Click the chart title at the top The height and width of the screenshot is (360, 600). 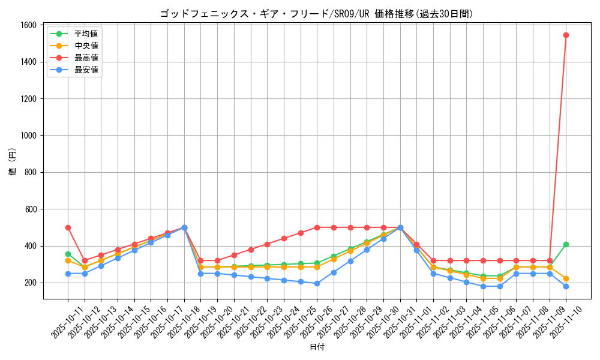pyautogui.click(x=316, y=14)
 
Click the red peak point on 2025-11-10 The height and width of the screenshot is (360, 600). pyautogui.click(x=566, y=35)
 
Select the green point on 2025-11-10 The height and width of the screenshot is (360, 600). pyautogui.click(x=566, y=244)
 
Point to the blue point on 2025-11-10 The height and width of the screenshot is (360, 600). pyautogui.click(x=566, y=286)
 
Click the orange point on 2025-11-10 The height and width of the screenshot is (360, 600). pyautogui.click(x=566, y=278)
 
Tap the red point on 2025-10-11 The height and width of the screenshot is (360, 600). pyautogui.click(x=68, y=227)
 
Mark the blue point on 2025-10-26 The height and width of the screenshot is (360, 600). pyautogui.click(x=317, y=283)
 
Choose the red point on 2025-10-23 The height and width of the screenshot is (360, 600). pyautogui.click(x=267, y=244)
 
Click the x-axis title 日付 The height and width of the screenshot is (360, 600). pyautogui.click(x=317, y=347)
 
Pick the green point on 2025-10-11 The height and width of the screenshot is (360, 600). pyautogui.click(x=68, y=254)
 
